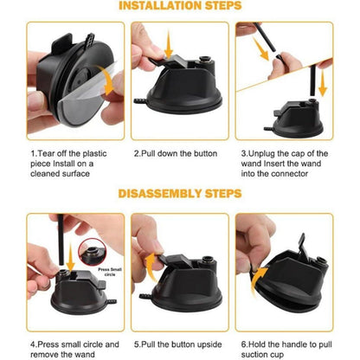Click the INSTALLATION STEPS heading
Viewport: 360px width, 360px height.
click(x=180, y=5)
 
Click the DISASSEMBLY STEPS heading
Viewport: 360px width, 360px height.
click(x=180, y=194)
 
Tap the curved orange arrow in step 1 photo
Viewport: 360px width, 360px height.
click(x=106, y=80)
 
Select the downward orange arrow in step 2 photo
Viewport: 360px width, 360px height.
click(x=169, y=45)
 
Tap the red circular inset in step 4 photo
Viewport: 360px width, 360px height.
click(x=93, y=252)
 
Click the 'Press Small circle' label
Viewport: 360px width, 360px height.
click(x=110, y=272)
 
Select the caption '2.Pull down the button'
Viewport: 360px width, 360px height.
click(x=176, y=153)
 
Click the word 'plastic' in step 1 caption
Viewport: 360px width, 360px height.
click(x=94, y=153)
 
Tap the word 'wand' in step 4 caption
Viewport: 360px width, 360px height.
click(x=84, y=354)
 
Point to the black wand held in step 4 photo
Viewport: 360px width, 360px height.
click(x=61, y=240)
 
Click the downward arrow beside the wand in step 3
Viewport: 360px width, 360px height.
click(x=323, y=83)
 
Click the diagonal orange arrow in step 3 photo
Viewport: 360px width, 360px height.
click(x=260, y=48)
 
